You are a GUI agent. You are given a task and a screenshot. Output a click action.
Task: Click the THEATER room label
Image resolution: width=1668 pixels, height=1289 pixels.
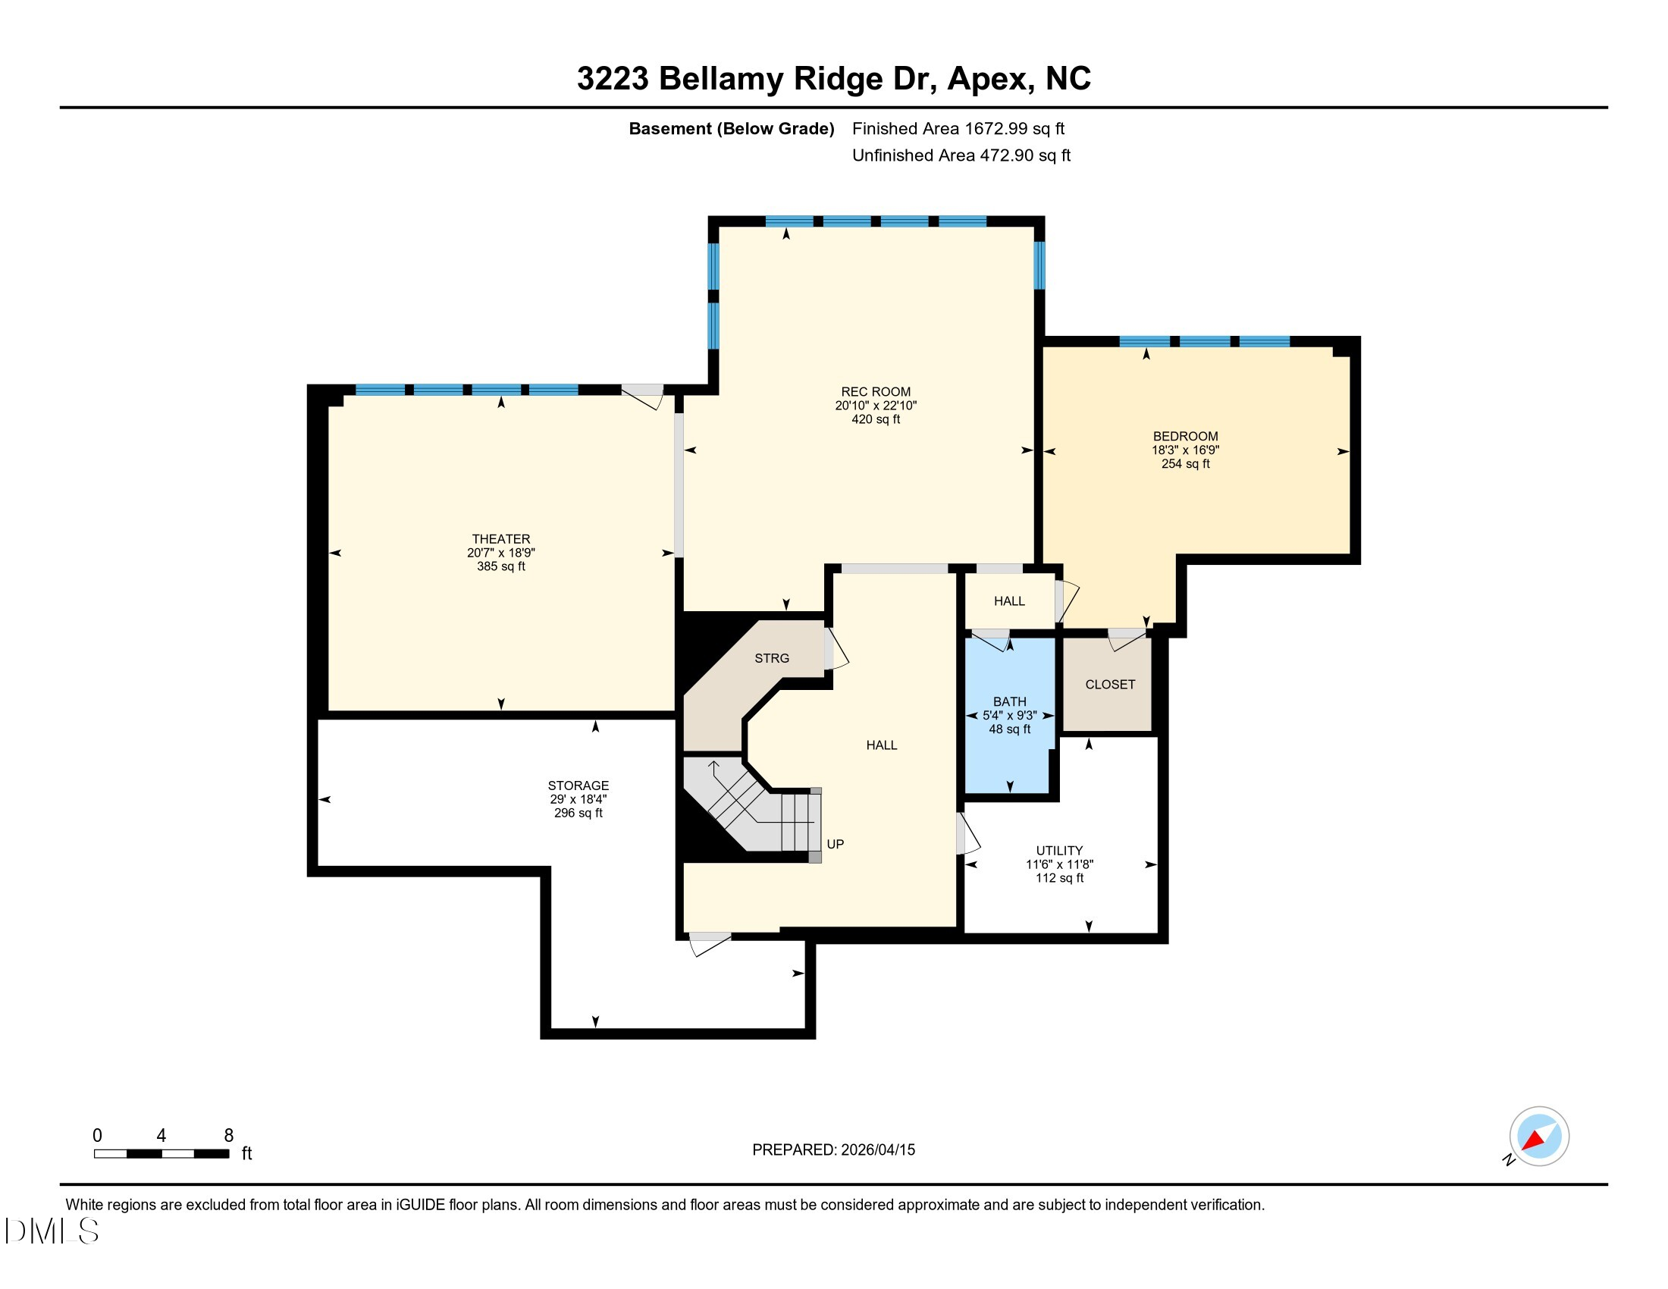tap(500, 538)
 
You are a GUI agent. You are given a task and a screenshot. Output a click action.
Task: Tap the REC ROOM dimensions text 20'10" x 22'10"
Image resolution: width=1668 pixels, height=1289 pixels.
tap(875, 406)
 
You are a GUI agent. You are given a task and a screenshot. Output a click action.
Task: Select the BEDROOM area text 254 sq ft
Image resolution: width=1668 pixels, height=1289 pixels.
tap(1184, 463)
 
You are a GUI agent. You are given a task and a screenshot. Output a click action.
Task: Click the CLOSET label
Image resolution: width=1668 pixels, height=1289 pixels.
tap(1109, 684)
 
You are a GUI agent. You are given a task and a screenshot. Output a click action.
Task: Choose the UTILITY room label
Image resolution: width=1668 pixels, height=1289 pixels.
tap(1058, 850)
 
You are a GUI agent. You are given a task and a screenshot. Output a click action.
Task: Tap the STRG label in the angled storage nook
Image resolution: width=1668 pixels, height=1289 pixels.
tap(771, 657)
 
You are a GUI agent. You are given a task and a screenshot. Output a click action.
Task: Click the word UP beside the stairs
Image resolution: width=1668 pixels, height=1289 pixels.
tap(835, 844)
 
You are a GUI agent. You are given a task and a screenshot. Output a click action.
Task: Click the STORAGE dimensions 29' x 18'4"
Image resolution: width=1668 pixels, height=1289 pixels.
tap(578, 798)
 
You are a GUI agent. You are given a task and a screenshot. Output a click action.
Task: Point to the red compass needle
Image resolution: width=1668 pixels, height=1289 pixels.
tap(1533, 1141)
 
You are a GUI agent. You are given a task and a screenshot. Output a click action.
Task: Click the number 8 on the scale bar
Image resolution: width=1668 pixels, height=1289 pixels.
tap(228, 1135)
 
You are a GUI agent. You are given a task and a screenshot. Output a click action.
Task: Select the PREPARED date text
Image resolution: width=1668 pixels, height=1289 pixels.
tap(832, 1149)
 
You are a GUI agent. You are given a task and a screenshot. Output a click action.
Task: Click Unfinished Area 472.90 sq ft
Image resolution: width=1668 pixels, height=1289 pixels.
tap(960, 155)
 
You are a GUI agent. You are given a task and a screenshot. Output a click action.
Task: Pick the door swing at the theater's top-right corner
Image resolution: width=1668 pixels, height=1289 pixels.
tap(643, 397)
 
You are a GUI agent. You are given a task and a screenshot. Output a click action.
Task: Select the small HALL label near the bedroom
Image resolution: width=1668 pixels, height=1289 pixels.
tap(1008, 601)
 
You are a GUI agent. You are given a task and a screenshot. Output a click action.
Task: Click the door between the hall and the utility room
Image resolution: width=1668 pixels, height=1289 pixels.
tap(966, 834)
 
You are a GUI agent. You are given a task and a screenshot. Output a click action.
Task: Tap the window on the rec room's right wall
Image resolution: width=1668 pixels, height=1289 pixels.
tap(1039, 265)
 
